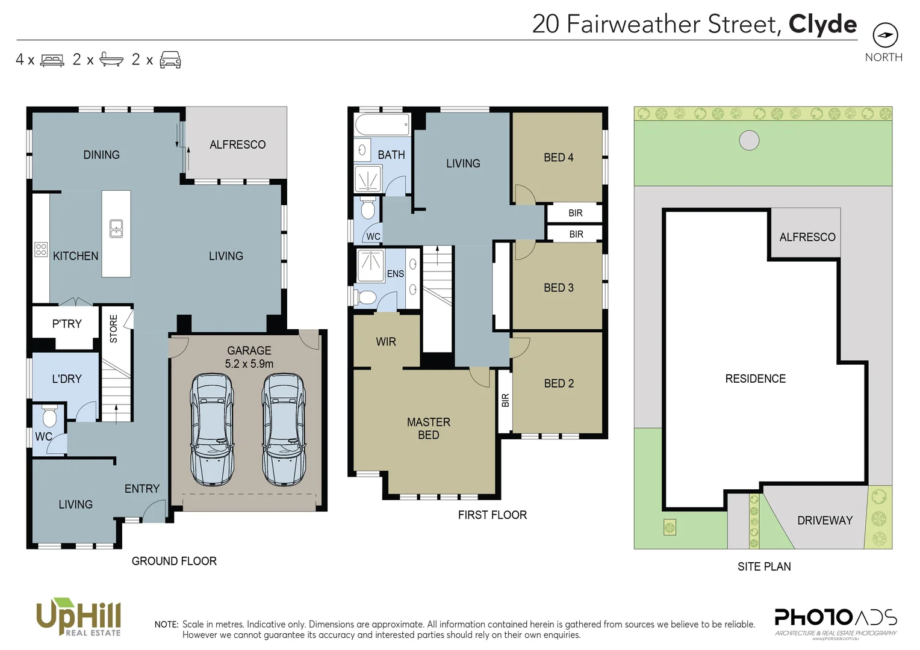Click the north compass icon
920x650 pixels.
coord(884,35)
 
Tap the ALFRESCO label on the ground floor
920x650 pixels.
coord(237,144)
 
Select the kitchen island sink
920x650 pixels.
coord(116,229)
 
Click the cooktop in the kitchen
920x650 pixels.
coord(41,249)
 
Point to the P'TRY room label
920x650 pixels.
coord(66,324)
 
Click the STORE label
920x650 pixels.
coord(114,329)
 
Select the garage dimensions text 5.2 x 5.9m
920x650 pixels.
coord(249,364)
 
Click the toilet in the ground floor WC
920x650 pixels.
coord(49,416)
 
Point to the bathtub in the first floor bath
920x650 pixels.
coord(382,125)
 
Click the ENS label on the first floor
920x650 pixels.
coord(395,274)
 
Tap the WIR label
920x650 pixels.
coord(385,342)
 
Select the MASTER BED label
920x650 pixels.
coord(428,429)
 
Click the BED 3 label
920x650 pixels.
coord(558,288)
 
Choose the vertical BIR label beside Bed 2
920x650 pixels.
coord(505,400)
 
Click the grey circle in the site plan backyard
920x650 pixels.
coord(748,140)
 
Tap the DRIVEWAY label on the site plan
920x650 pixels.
coord(824,521)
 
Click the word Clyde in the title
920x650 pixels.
coord(822,24)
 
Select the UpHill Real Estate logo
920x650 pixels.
coord(78,617)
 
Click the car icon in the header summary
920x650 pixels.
coord(170,60)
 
